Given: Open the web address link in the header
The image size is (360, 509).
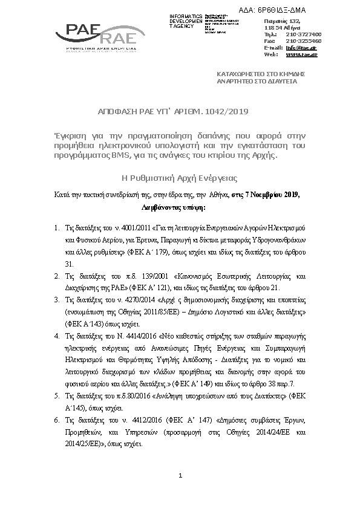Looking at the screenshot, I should pos(301,54).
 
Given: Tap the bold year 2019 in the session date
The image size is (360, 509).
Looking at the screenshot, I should pos(289,195).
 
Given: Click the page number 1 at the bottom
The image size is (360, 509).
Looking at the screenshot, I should pos(180,477).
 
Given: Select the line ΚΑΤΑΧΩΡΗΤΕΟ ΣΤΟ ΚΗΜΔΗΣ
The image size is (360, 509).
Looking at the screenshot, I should pos(261,73).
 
